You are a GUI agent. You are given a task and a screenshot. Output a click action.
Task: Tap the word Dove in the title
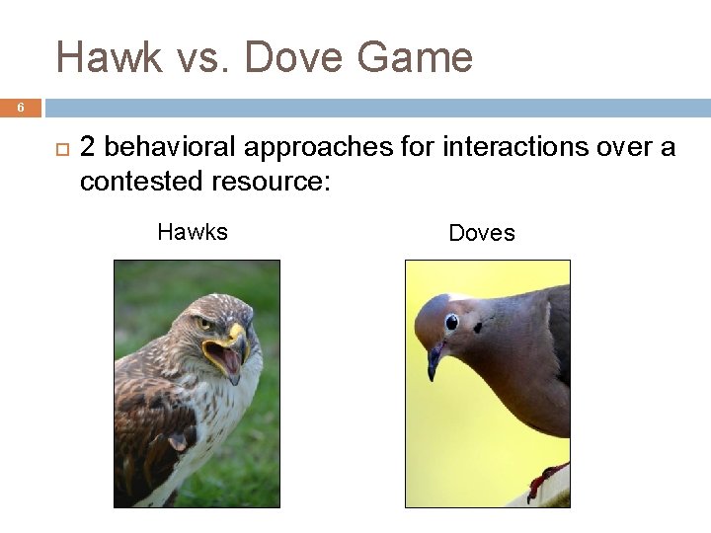tap(295, 58)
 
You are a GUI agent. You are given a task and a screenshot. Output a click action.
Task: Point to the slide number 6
tap(20, 108)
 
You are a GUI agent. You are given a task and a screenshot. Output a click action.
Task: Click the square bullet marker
tap(57, 149)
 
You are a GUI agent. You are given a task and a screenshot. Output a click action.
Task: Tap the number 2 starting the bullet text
tap(88, 148)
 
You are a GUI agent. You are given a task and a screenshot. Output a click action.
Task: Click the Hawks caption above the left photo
tap(193, 232)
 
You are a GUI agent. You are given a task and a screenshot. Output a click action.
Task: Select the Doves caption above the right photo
tap(482, 233)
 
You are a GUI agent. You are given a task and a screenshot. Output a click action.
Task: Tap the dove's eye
tap(450, 322)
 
